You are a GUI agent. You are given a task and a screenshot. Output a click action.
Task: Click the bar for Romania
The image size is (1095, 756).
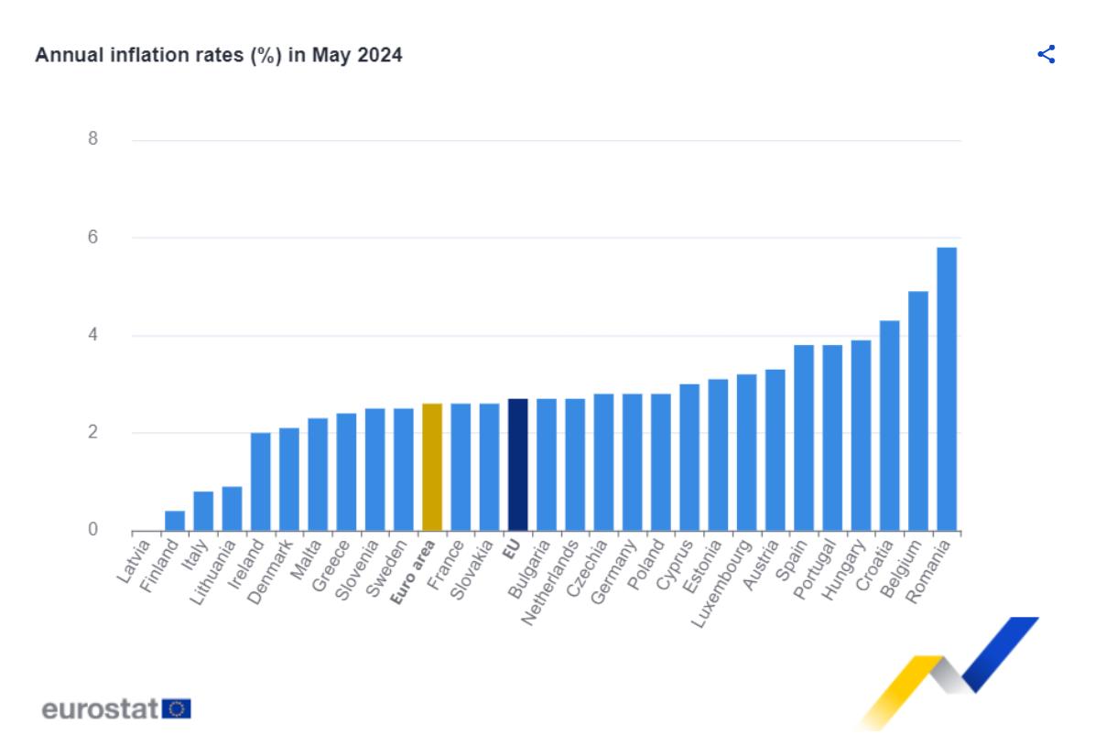(x=947, y=389)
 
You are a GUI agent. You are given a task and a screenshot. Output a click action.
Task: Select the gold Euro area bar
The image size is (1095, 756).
(x=432, y=467)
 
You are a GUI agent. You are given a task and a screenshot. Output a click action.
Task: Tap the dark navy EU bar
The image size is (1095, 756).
(x=517, y=465)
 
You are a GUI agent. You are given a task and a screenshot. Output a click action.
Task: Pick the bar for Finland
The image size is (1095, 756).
(x=175, y=521)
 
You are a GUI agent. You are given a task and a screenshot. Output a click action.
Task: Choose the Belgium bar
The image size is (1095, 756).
(x=918, y=411)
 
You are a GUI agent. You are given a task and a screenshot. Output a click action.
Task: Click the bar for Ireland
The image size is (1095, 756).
(x=261, y=481)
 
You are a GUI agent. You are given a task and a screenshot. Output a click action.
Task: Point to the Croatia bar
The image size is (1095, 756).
(x=890, y=426)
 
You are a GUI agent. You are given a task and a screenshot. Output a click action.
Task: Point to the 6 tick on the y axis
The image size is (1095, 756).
(x=92, y=237)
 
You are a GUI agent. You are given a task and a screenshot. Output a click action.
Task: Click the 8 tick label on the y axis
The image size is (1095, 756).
(x=92, y=139)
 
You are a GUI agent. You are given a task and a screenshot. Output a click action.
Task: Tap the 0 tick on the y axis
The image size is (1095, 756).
(x=92, y=530)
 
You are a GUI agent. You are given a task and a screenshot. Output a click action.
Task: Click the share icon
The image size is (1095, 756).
(x=1046, y=54)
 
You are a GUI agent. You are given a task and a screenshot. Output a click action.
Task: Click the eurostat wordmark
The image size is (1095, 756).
(x=101, y=708)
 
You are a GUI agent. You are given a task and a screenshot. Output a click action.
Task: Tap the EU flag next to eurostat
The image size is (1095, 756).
(x=178, y=708)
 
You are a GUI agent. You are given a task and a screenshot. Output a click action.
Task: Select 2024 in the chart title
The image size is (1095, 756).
(x=379, y=55)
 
